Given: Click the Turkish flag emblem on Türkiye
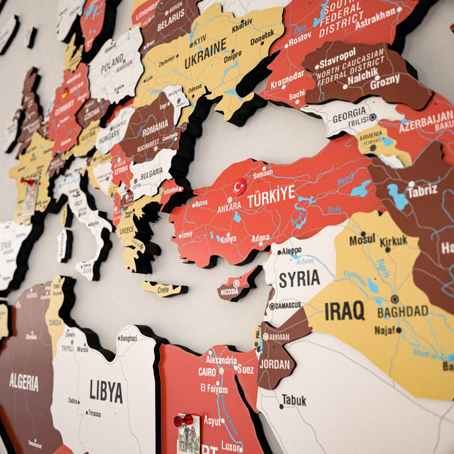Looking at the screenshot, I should pos(240,187).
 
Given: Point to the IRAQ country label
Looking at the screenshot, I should pos(344,310).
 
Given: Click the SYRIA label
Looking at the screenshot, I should pos(300,279).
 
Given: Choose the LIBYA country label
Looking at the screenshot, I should pos(106,391).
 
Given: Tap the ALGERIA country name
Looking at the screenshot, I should pos(23,381).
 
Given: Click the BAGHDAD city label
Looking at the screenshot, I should pos(403,311).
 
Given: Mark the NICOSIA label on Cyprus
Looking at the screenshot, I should pos(230,292).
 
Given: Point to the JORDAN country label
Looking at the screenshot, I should pos(274,364).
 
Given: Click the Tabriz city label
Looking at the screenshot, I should pos(422,192).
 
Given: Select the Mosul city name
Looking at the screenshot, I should pos(362,240).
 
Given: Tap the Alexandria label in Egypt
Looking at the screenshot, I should pos(221,361).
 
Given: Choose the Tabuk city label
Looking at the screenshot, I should pos(294,400).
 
